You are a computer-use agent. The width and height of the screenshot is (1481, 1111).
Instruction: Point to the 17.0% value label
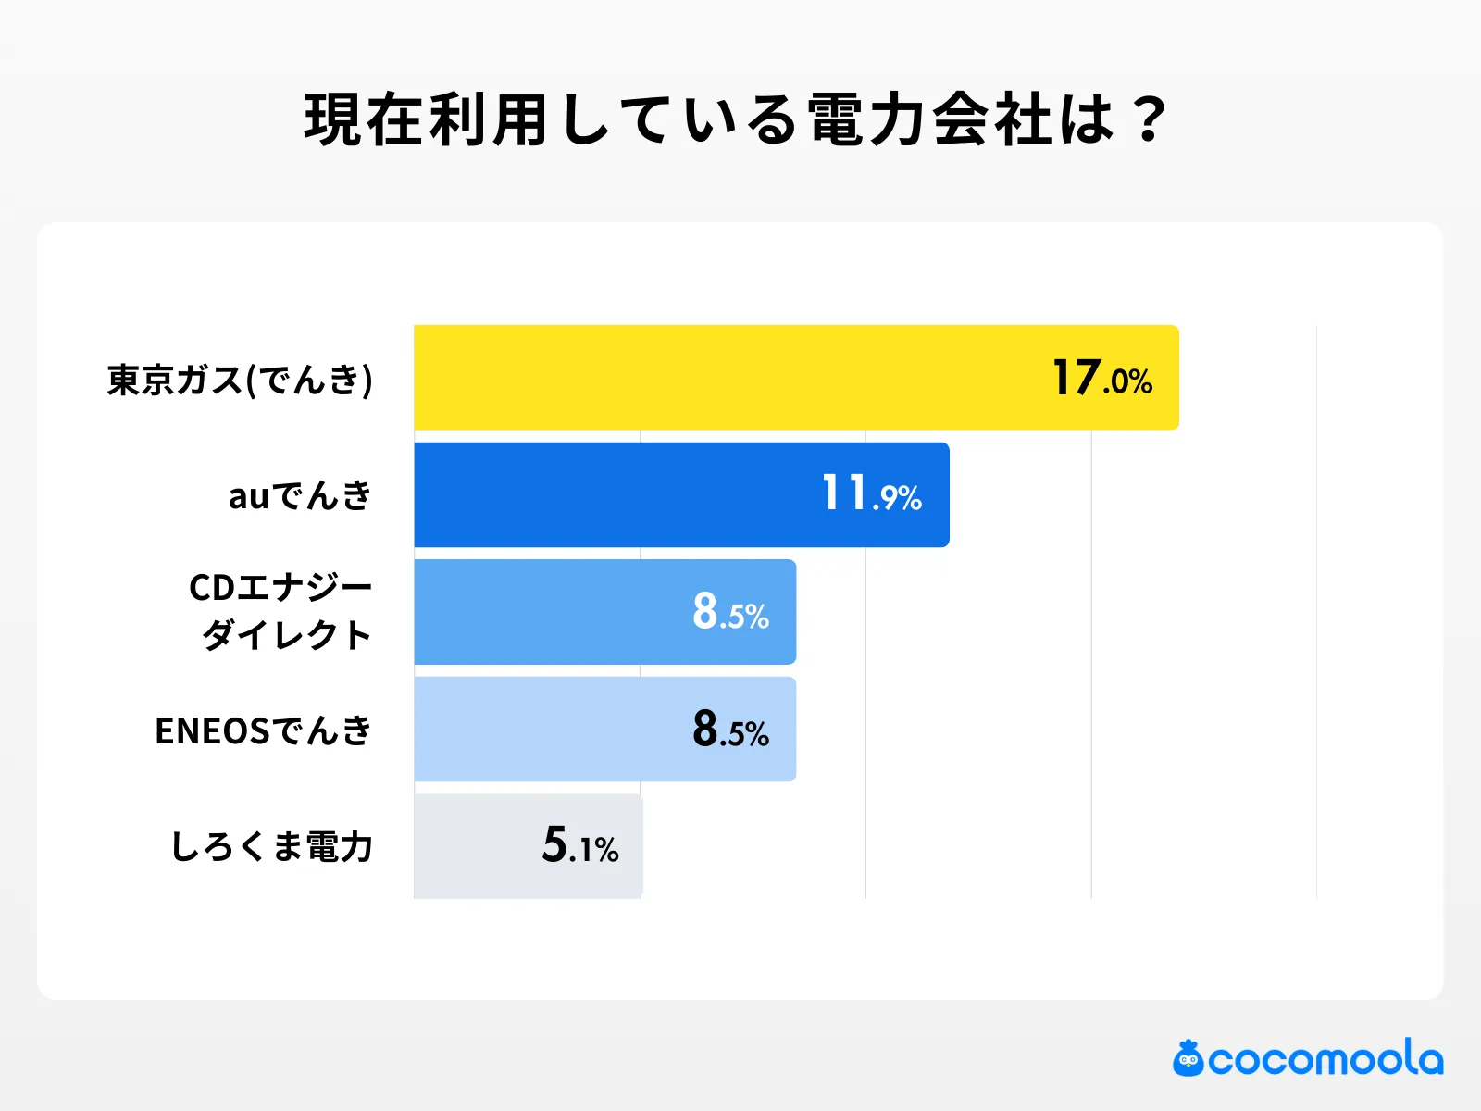pyautogui.click(x=1101, y=379)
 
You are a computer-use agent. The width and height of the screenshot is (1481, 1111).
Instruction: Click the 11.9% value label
pyautogui.click(x=872, y=494)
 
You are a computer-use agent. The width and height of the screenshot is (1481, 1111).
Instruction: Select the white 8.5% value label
pyautogui.click(x=730, y=612)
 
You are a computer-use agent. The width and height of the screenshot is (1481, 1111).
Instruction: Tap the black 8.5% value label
pyautogui.click(x=730, y=730)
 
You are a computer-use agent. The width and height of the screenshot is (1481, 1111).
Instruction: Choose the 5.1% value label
pyautogui.click(x=580, y=845)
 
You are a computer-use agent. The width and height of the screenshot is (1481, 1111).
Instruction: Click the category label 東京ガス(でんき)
pyautogui.click(x=240, y=380)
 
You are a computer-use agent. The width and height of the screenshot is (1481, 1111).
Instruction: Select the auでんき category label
pyautogui.click(x=300, y=496)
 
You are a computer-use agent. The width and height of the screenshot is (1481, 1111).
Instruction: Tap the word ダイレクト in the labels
pyautogui.click(x=287, y=636)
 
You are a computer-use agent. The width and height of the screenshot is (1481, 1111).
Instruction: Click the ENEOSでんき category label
pyautogui.click(x=263, y=731)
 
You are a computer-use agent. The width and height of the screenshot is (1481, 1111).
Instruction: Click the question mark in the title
pyautogui.click(x=1150, y=120)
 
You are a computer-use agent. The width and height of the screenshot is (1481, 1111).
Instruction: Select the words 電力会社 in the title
pyautogui.click(x=930, y=120)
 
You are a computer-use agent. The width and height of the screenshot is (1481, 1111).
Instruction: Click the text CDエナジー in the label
pyautogui.click(x=280, y=587)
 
